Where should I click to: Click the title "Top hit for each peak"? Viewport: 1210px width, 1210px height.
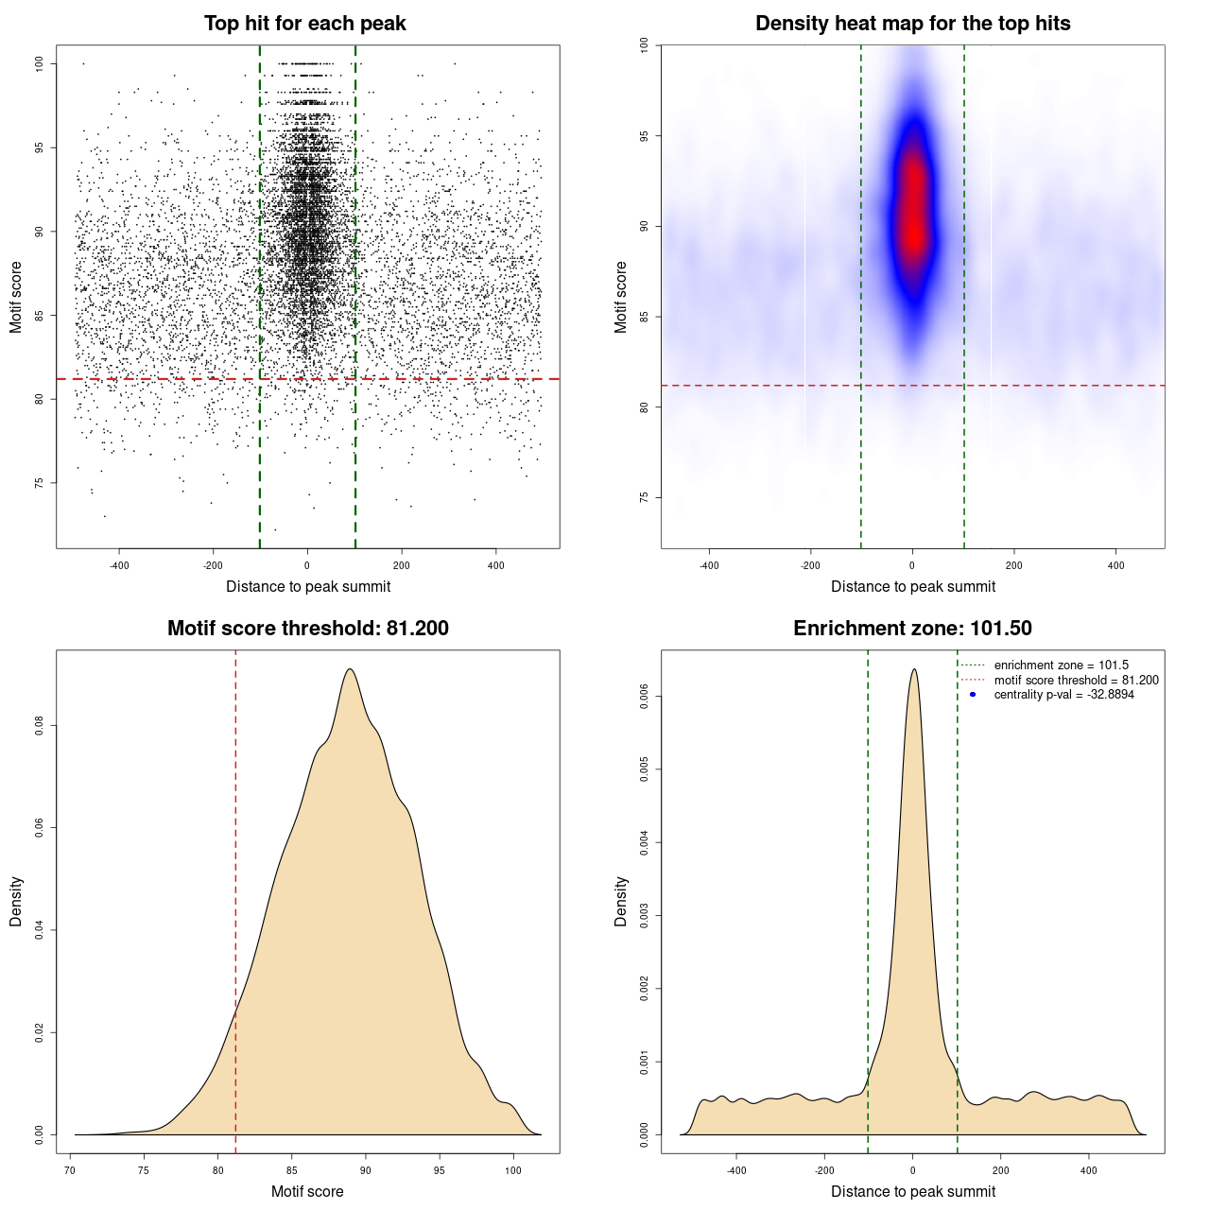305,24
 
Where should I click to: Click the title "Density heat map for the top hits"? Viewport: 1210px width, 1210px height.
912,24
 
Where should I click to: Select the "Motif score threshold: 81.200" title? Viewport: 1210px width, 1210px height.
307,629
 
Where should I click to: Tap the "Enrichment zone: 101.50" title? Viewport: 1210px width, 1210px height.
912,629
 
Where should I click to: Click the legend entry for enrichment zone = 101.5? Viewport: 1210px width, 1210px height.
1061,665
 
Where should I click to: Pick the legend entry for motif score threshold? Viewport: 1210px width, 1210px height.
1076,680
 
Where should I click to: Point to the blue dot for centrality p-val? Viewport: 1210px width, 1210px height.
973,695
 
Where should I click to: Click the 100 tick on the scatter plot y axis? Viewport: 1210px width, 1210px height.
40,63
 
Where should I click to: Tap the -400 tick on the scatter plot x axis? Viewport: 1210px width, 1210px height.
119,565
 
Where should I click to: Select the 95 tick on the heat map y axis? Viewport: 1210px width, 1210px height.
645,136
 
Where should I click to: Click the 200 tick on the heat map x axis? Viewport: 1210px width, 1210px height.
1014,565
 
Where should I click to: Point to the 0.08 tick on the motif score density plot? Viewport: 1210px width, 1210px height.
40,726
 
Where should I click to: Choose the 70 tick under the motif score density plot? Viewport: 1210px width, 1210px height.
70,1170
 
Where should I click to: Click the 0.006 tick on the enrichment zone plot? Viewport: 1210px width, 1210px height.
645,697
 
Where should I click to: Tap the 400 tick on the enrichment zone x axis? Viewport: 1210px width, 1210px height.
1089,1170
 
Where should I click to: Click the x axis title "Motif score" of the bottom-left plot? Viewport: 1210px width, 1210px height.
307,1191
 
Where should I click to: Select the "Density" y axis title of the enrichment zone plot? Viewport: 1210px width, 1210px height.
621,901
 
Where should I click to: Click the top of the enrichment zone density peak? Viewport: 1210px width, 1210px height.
913,669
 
